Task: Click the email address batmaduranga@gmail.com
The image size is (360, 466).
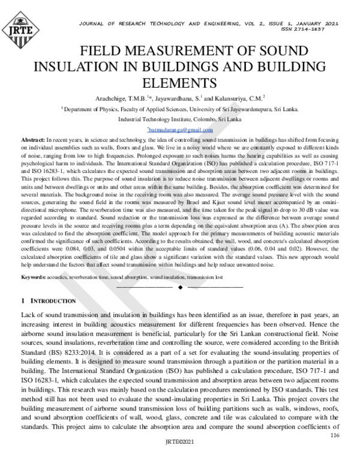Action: pyautogui.click(x=180, y=130)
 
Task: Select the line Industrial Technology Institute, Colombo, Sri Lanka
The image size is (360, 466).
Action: pyautogui.click(x=180, y=120)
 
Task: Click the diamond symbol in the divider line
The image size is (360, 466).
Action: pyautogui.click(x=180, y=288)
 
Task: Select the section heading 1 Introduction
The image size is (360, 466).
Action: pyautogui.click(x=48, y=300)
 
